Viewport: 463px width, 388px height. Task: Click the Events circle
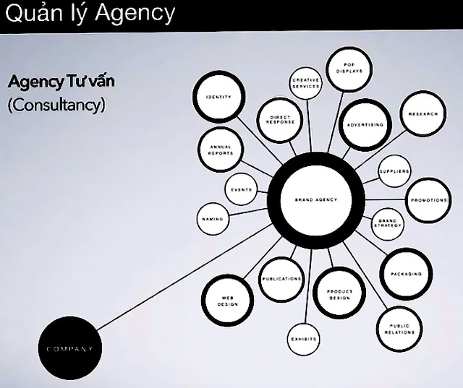click(x=242, y=190)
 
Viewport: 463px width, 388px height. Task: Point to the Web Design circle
click(x=229, y=301)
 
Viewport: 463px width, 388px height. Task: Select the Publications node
click(x=281, y=278)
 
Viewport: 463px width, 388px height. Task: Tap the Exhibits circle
click(x=304, y=338)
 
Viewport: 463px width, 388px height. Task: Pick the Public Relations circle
click(x=398, y=329)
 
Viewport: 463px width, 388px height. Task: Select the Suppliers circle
click(x=394, y=171)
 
